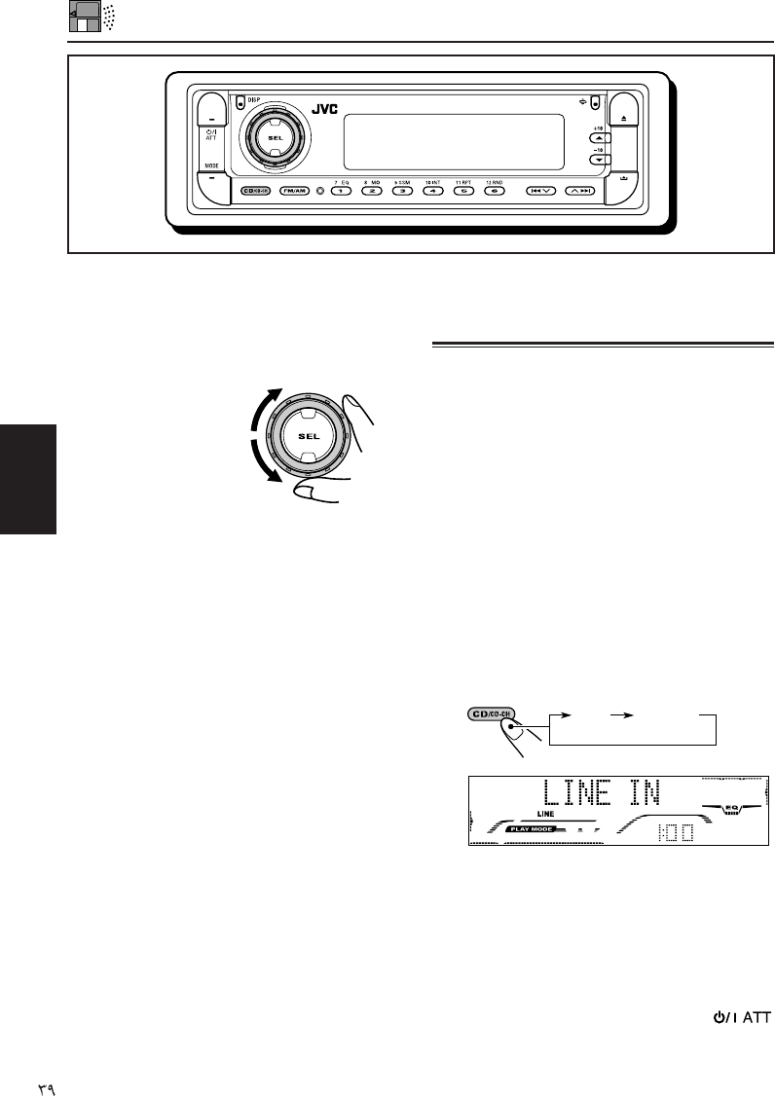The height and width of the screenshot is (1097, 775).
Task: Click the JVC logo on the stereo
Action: [x=324, y=110]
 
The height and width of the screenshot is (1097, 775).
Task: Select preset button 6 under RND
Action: [x=494, y=192]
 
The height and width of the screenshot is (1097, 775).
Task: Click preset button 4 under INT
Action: [x=433, y=192]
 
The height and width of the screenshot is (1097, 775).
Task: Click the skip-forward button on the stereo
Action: [x=580, y=192]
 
